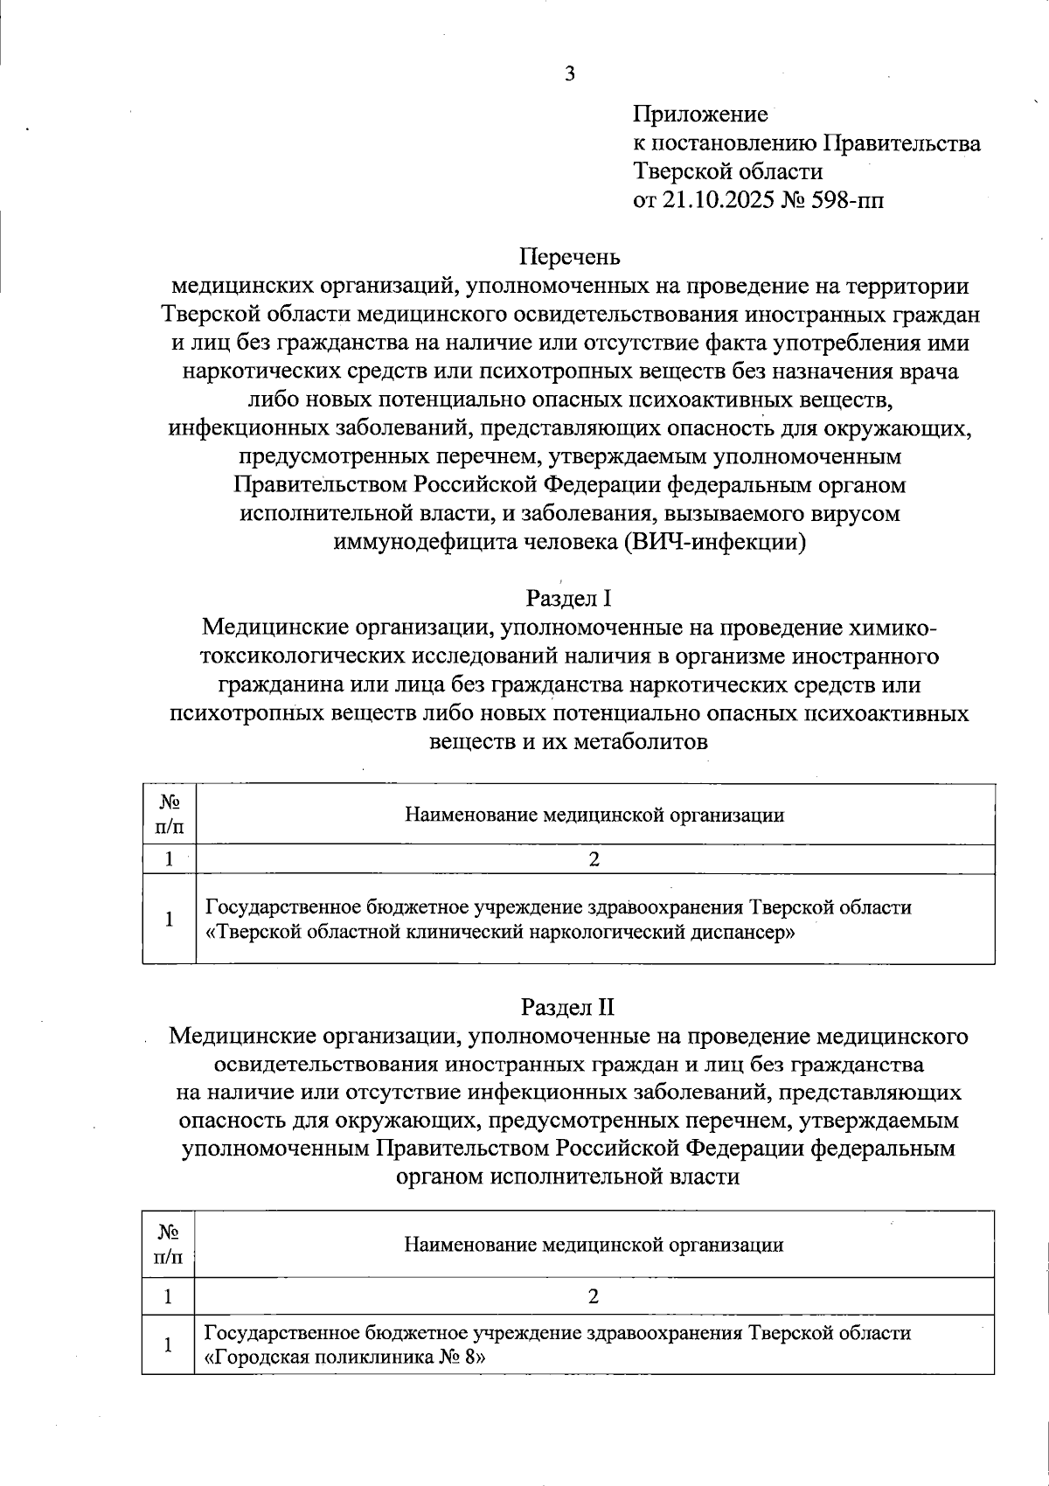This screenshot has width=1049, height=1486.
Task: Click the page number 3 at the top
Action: click(570, 74)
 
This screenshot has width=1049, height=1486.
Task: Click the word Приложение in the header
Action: click(700, 115)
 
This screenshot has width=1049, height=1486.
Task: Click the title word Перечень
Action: click(570, 257)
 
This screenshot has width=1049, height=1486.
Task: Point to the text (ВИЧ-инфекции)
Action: click(715, 542)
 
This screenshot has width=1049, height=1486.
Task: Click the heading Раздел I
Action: click(569, 599)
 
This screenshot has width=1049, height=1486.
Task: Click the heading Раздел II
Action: click(569, 1007)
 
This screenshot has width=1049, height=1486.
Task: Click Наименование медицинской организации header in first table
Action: click(594, 815)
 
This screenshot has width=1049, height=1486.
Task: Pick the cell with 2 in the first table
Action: click(594, 859)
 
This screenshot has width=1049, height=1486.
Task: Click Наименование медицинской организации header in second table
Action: click(594, 1245)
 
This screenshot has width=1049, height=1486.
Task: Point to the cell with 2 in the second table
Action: click(594, 1296)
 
